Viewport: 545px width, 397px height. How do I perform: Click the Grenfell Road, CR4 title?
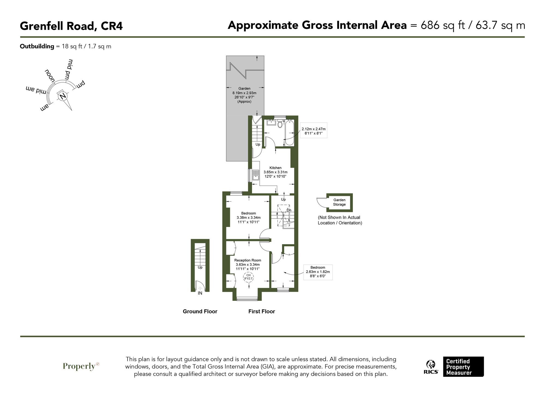[71, 26]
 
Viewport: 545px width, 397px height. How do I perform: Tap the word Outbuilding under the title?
[37, 46]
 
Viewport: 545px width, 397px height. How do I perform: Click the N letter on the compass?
[63, 96]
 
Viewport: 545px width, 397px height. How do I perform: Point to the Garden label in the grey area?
[244, 88]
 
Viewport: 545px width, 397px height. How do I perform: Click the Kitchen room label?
[275, 168]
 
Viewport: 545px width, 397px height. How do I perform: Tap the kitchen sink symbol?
[255, 175]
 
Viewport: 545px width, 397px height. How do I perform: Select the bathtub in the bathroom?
[289, 132]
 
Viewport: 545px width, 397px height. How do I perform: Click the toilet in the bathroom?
[280, 124]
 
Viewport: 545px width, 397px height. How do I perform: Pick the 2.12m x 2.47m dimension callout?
[313, 131]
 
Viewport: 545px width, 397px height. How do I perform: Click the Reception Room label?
[247, 260]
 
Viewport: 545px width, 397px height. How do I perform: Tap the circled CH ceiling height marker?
[248, 277]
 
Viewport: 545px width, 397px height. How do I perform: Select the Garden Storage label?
[339, 202]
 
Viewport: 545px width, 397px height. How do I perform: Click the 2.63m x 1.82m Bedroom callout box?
[318, 272]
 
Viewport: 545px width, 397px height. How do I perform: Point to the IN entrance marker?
[200, 293]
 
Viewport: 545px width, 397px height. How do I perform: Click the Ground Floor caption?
[200, 311]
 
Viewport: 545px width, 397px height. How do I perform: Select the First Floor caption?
[262, 311]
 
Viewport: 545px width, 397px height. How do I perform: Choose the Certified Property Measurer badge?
[463, 367]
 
